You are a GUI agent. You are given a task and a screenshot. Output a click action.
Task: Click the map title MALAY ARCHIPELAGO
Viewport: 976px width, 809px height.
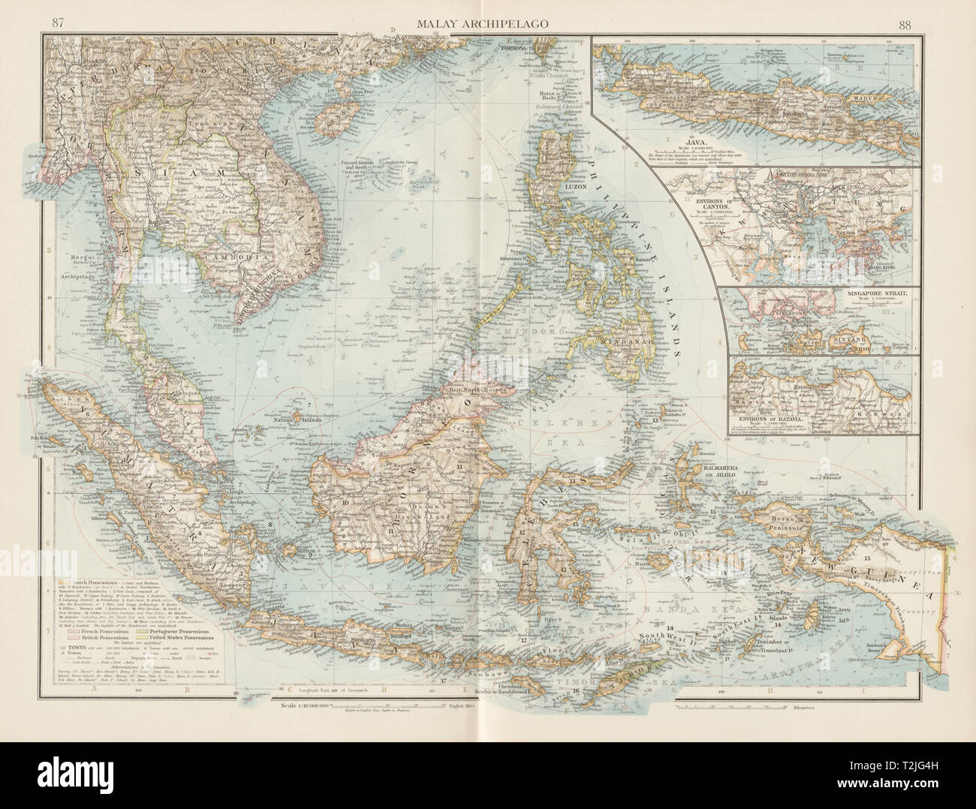click(x=487, y=23)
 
